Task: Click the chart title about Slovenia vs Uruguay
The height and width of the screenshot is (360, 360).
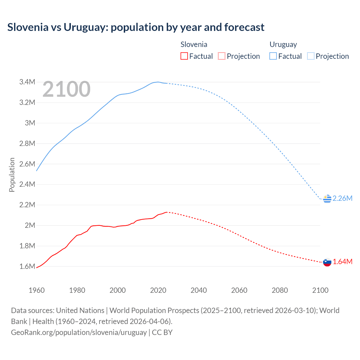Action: [x=136, y=27]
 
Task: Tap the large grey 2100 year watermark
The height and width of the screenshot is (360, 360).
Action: [x=66, y=89]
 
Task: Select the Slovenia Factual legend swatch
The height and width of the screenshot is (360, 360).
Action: [x=184, y=56]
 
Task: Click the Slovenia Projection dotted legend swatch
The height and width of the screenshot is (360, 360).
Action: [x=222, y=56]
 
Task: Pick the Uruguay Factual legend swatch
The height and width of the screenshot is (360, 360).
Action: [x=273, y=56]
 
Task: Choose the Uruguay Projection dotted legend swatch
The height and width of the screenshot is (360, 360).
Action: [x=310, y=56]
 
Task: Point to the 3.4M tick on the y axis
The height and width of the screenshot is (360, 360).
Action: [x=27, y=82]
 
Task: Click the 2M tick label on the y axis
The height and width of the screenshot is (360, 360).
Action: [x=30, y=225]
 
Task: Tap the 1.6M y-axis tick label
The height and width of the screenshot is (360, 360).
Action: [x=27, y=266]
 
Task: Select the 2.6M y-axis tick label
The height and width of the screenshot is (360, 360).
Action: [x=27, y=164]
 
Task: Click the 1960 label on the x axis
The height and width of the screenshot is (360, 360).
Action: [x=37, y=290]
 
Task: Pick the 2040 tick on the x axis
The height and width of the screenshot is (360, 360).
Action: [x=199, y=290]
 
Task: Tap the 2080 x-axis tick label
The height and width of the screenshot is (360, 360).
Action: [x=280, y=290]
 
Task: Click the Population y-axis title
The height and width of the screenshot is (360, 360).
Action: [x=12, y=175]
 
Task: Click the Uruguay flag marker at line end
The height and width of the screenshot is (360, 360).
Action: [x=327, y=199]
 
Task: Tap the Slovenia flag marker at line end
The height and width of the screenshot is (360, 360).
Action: [x=327, y=262]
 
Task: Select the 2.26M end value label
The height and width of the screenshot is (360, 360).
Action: [x=342, y=198]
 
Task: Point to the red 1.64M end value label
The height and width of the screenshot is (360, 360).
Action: [x=343, y=262]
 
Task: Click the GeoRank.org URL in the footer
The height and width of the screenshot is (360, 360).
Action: [x=79, y=332]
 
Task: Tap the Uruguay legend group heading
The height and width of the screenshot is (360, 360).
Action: [x=283, y=44]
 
